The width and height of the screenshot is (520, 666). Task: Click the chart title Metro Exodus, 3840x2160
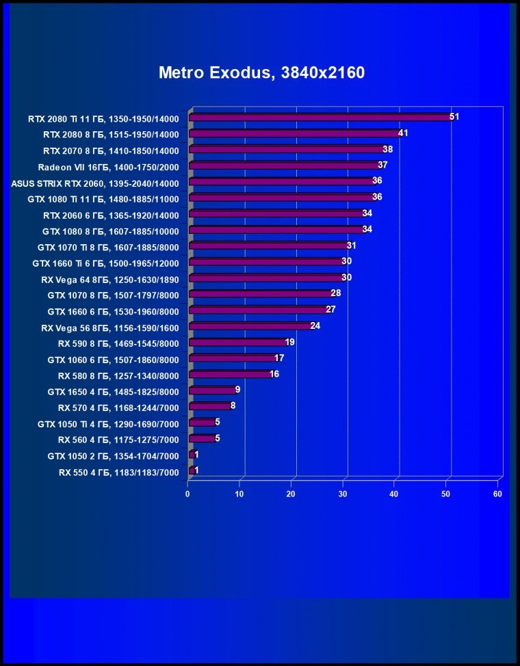[x=261, y=73]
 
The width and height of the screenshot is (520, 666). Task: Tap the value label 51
[x=454, y=117]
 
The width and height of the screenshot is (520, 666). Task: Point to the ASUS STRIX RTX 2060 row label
[x=95, y=183]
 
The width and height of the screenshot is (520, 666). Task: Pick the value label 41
[x=403, y=133]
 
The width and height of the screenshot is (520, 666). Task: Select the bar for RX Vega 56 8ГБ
[x=250, y=327]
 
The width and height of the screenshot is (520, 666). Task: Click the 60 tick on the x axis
[x=498, y=494]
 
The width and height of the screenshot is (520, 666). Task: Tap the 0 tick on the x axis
[x=188, y=494]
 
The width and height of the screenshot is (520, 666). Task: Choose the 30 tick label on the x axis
[x=343, y=494]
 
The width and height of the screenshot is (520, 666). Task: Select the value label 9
[x=237, y=390]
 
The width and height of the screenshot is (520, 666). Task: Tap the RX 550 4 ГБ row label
[x=118, y=472]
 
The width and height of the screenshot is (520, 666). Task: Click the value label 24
[x=315, y=326]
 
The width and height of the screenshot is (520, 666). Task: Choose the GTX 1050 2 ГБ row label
[x=113, y=456]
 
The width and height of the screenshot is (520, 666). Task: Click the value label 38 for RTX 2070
[x=387, y=149]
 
